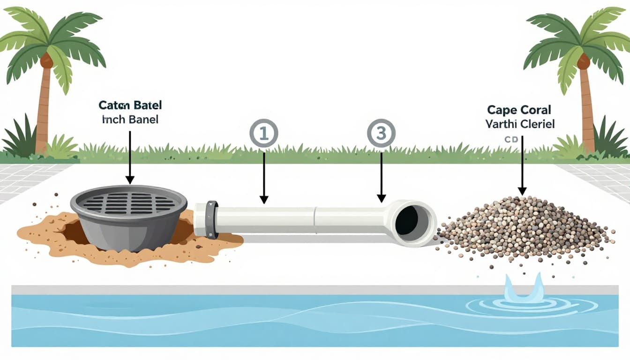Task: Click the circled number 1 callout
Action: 263,134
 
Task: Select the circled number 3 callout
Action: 381,134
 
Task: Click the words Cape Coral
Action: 519,110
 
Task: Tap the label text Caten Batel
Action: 130,105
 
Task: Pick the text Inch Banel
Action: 130,120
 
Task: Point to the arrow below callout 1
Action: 264,178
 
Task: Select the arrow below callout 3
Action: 381,178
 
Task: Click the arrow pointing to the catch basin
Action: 130,157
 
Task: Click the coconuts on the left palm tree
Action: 46,60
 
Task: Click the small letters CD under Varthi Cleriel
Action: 510,139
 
